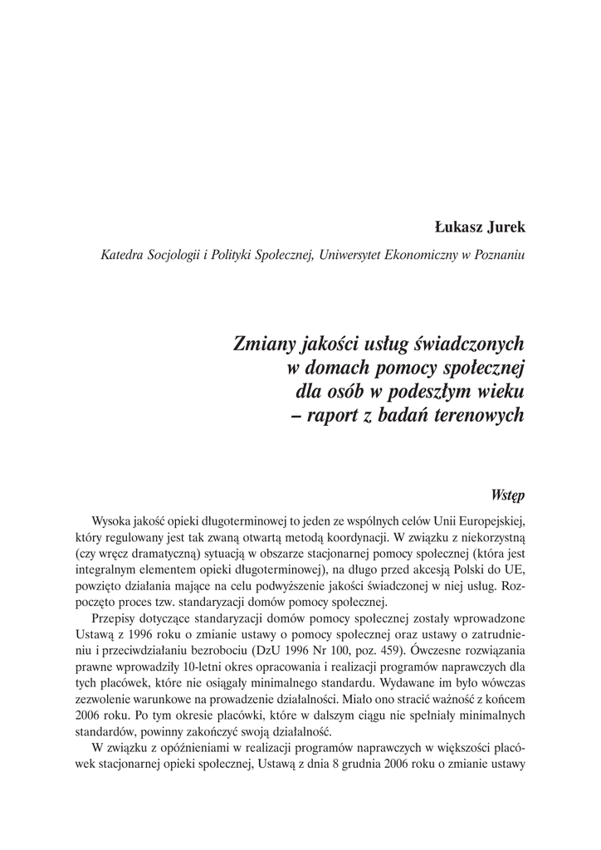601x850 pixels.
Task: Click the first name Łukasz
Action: coord(460,227)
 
